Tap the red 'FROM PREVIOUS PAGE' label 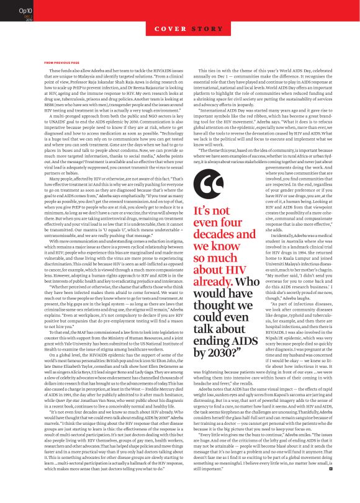pyautogui.click(x=62, y=63)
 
